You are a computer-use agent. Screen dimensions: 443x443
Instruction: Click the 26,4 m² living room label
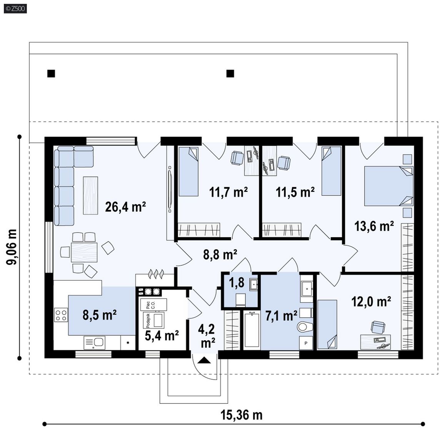pos(125,207)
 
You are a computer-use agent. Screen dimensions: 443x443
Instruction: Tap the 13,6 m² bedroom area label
pos(374,226)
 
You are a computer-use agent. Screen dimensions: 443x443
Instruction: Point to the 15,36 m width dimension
pos(241,415)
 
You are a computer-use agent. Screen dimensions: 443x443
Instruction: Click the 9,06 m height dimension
pos(12,247)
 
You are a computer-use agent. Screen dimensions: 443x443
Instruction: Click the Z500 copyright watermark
pos(15,8)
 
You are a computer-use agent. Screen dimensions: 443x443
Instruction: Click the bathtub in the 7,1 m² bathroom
pos(252,330)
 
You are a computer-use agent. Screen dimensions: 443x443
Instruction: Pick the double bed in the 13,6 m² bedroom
pos(389,186)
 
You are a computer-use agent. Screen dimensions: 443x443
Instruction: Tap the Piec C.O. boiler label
pos(150,305)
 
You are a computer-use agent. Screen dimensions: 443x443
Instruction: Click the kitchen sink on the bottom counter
pos(94,342)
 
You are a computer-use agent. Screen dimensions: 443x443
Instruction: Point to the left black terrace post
pos(51,74)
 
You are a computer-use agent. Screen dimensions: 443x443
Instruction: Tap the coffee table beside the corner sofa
pos(90,195)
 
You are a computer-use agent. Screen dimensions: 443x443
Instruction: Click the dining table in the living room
pos(84,252)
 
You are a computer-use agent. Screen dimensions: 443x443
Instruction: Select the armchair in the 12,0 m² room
pos(378,327)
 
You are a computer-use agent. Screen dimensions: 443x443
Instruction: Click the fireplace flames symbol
pos(156,274)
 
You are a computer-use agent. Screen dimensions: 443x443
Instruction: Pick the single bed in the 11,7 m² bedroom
pos(189,171)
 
